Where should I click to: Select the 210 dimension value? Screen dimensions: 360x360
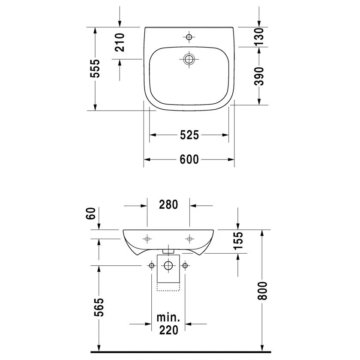[120, 42]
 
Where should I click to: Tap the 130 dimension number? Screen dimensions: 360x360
[259, 37]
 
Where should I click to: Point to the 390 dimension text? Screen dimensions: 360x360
[259, 76]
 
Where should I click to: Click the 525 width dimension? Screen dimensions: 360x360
[189, 135]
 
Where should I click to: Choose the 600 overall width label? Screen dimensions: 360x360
[189, 159]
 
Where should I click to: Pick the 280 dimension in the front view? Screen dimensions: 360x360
[168, 204]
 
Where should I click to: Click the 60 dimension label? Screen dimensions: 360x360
[91, 213]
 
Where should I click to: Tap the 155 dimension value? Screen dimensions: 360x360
[238, 240]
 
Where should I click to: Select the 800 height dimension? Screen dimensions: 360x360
[262, 291]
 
